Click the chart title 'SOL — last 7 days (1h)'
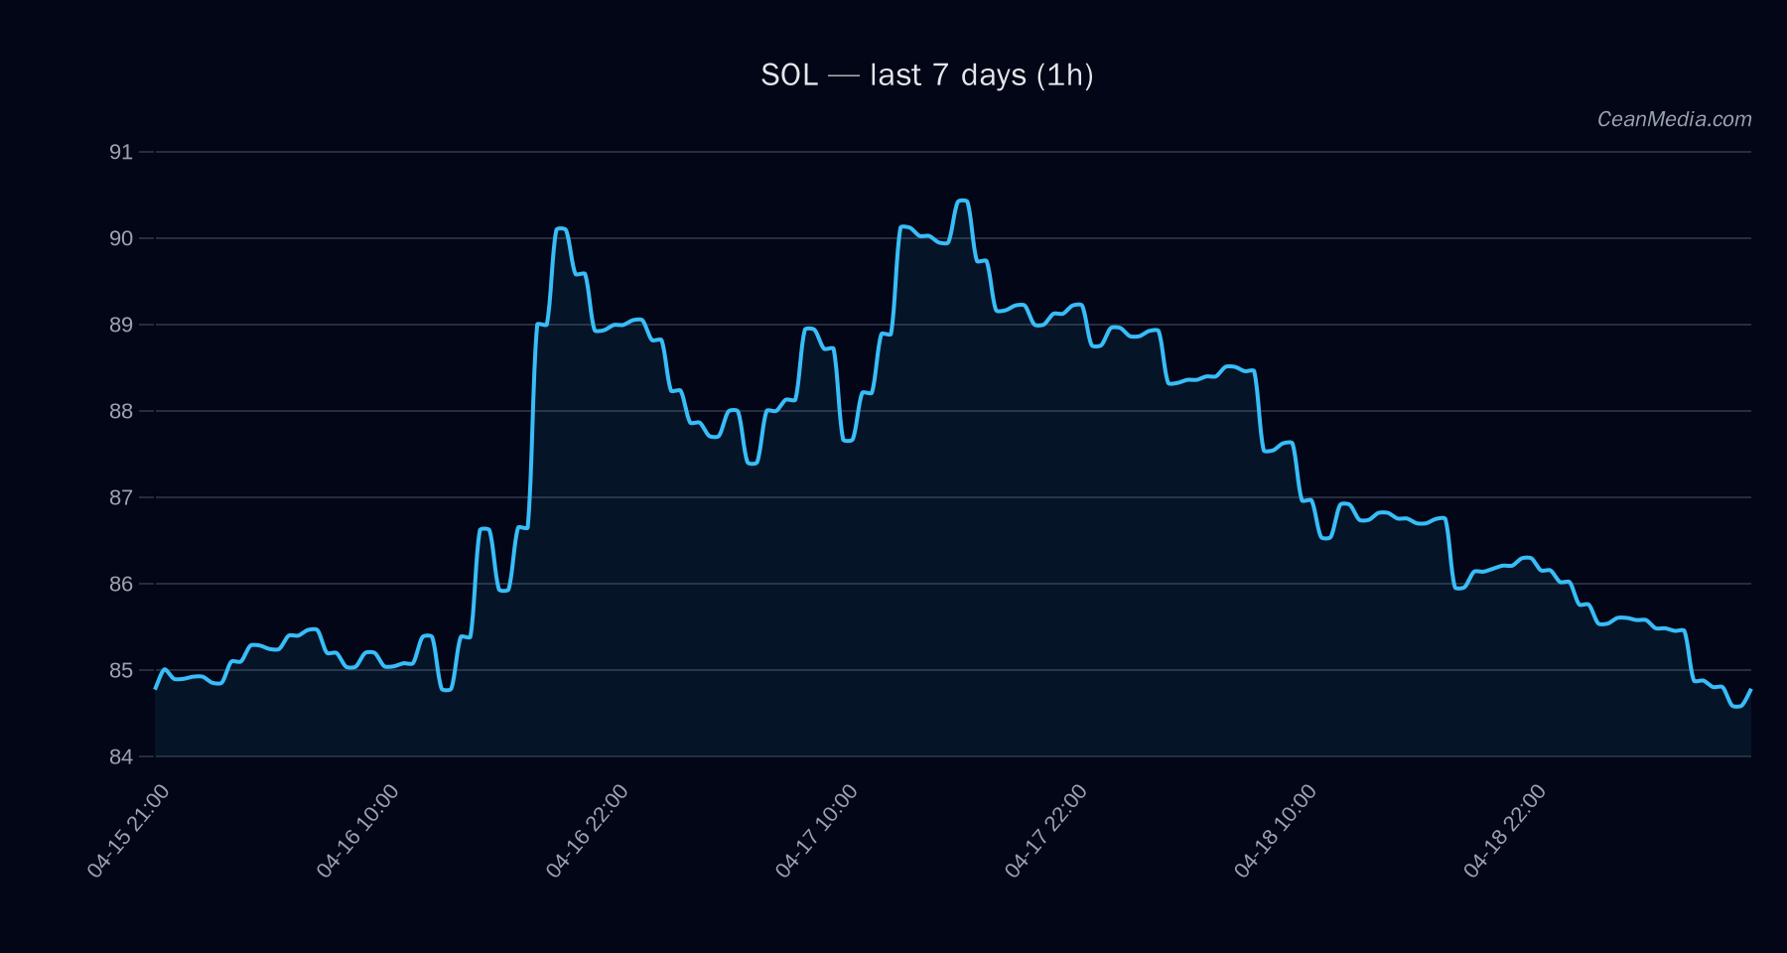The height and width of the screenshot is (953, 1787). tap(926, 75)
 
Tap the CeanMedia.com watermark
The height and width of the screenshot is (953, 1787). tap(1674, 119)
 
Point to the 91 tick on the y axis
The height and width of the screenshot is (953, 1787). tap(121, 152)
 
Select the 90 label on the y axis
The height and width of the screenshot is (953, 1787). tap(121, 238)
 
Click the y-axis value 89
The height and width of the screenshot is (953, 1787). tap(121, 325)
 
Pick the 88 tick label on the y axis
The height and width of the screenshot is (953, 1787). tap(121, 411)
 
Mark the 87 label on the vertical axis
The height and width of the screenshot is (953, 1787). tap(121, 497)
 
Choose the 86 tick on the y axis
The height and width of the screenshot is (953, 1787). tap(121, 584)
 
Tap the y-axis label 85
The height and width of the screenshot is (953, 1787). tap(121, 670)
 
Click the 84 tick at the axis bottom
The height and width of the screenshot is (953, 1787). tap(121, 756)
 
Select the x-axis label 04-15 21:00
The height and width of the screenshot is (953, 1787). tap(128, 831)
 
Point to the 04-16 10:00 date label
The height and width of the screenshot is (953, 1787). tap(357, 831)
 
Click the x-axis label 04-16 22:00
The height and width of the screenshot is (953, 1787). tap(587, 831)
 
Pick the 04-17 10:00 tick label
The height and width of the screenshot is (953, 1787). tap(816, 831)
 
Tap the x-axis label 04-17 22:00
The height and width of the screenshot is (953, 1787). tap(1045, 831)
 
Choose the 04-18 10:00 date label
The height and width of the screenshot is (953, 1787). tap(1275, 831)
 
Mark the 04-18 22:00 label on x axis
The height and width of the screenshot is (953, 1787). tap(1504, 831)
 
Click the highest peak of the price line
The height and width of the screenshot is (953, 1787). tap(961, 202)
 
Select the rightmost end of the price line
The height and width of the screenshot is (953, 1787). tap(1750, 689)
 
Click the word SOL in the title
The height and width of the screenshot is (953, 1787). tap(789, 75)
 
